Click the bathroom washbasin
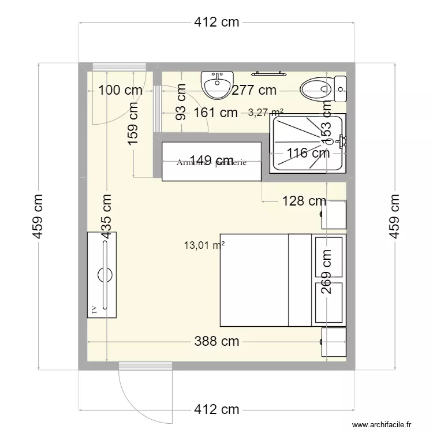tap(218, 84)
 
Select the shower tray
tap(308, 143)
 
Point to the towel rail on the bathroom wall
tap(268, 73)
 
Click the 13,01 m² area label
tap(204, 245)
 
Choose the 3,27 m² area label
tap(265, 113)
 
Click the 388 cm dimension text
tap(216, 341)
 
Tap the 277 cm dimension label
tap(254, 90)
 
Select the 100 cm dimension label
tap(120, 90)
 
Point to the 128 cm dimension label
tap(304, 201)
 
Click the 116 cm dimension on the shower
tap(308, 153)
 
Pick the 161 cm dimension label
tap(215, 113)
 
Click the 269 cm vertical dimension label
tap(326, 271)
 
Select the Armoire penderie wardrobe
tap(211, 162)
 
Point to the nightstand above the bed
tap(334, 214)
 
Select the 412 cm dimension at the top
tap(216, 23)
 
